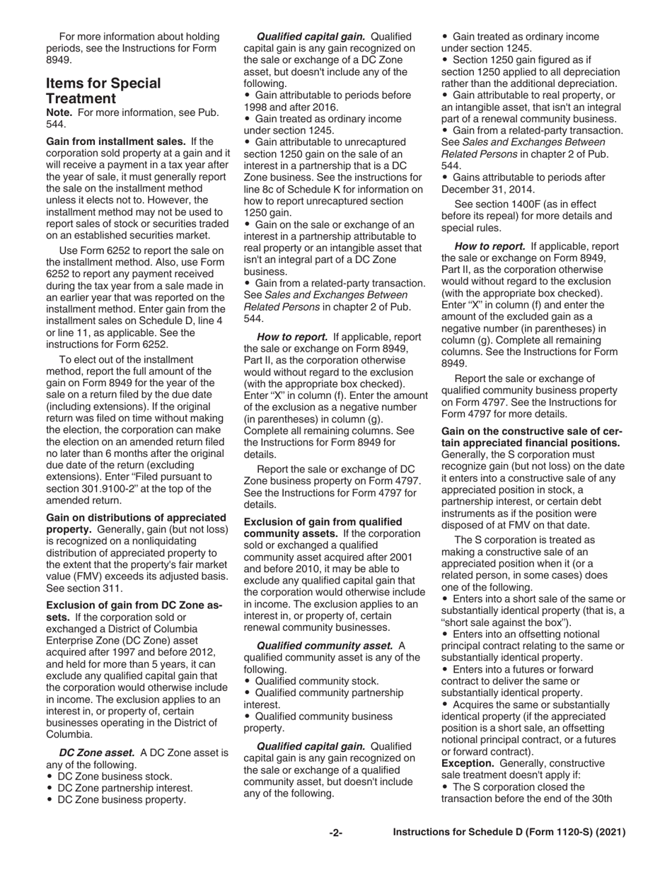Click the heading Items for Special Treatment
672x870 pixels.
pyautogui.click(x=103, y=91)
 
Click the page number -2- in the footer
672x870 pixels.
pyautogui.click(x=336, y=833)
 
